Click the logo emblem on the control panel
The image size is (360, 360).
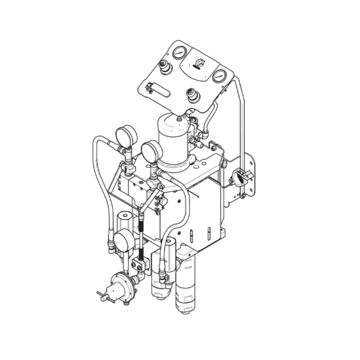tap(198, 64)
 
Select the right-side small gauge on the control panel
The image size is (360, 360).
tap(219, 76)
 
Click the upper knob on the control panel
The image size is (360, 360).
tap(166, 67)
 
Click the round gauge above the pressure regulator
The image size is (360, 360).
tap(123, 240)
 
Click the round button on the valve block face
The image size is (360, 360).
tap(164, 202)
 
